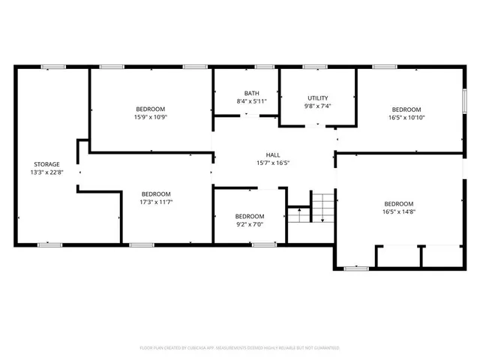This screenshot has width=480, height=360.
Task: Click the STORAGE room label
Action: [x=46, y=164]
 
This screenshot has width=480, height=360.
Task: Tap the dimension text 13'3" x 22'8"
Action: [x=46, y=172]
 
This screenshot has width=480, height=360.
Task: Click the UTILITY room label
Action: [x=317, y=98]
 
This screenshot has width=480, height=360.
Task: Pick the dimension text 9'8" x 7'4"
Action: [x=317, y=106]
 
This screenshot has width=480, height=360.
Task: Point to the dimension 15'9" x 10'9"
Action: [x=150, y=117]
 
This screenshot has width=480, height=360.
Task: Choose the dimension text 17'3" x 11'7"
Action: [x=156, y=202]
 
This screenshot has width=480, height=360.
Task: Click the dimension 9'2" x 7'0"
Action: [x=250, y=224]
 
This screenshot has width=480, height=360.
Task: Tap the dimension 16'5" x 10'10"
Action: [x=406, y=117]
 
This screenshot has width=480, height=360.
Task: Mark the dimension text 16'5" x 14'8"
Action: [x=399, y=212]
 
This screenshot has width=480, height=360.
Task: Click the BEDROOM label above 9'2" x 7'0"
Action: [x=250, y=216]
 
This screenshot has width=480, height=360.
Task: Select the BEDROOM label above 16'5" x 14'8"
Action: [x=399, y=204]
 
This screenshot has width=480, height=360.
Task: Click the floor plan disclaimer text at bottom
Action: [x=240, y=348]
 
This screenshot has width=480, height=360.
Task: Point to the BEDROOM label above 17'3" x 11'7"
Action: [x=156, y=193]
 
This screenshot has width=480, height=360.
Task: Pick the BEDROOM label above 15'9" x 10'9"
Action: [x=150, y=109]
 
